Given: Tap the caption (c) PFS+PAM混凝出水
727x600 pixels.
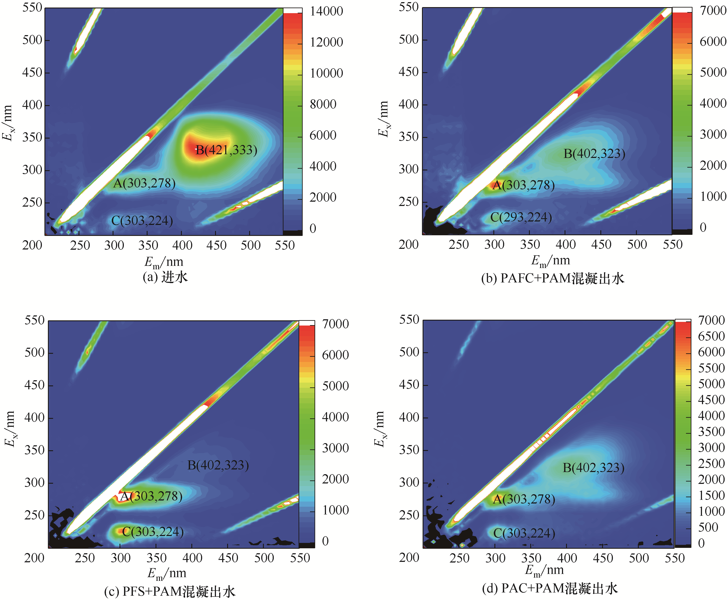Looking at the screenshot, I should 170,591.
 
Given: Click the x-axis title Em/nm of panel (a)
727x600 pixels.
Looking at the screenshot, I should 164,262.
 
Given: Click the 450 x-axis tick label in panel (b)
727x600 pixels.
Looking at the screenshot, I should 601,245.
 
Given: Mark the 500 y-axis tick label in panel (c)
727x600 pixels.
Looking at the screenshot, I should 34,352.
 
